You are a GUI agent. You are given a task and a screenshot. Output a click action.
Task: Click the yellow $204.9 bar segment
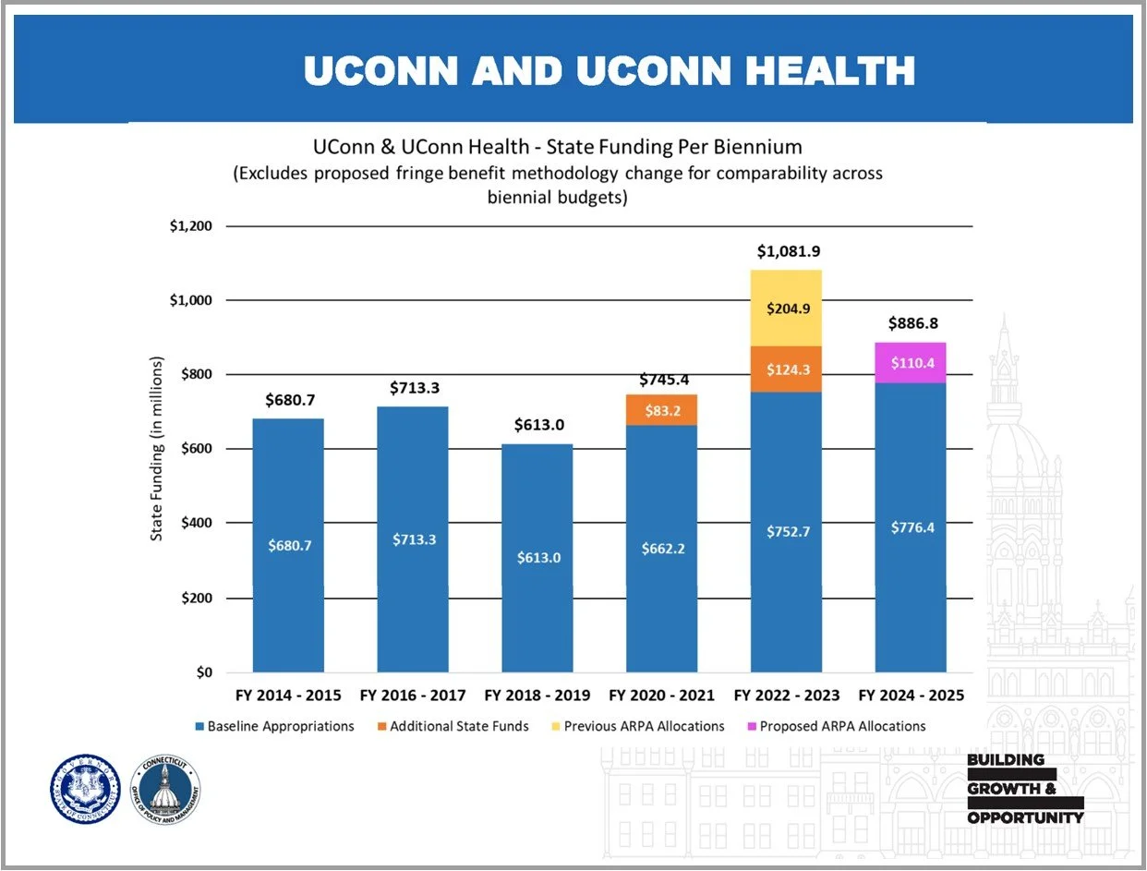click(786, 308)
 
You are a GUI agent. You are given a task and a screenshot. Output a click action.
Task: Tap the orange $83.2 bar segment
click(661, 410)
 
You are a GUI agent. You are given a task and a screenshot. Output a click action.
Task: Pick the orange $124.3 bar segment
click(786, 369)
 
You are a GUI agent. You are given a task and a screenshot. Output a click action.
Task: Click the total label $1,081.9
click(786, 252)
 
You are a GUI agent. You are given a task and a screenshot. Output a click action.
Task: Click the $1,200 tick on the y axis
click(191, 227)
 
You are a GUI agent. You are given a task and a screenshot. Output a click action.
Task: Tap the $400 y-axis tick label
click(196, 524)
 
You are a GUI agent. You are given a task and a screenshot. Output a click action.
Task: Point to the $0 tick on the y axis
click(204, 673)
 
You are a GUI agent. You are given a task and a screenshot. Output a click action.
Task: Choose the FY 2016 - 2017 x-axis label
click(413, 696)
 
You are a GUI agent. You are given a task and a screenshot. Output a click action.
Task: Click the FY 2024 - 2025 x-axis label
click(911, 696)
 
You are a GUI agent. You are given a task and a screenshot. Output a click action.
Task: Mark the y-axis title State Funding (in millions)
click(157, 449)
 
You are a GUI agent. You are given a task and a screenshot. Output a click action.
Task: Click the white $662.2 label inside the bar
click(661, 549)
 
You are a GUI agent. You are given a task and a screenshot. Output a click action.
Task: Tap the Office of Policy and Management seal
click(167, 792)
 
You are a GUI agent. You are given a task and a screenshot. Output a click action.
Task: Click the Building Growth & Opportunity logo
click(1025, 789)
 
